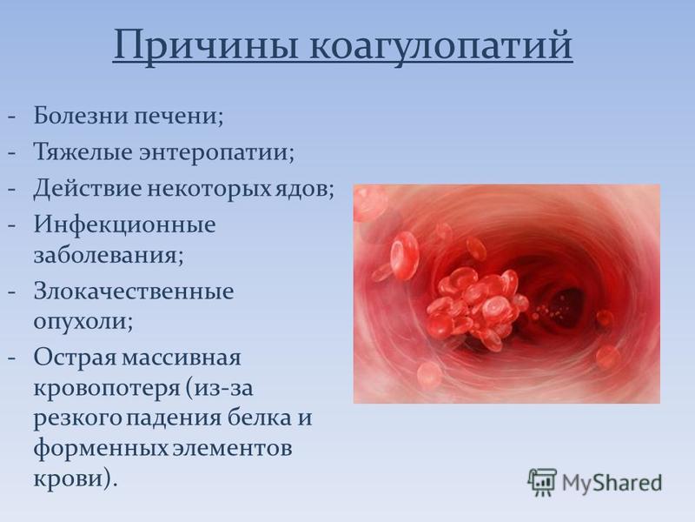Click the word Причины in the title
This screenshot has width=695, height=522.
[x=205, y=46]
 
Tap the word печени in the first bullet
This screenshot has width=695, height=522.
[x=178, y=116]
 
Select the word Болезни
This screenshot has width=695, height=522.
[x=81, y=116]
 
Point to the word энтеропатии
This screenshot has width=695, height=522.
[x=216, y=152]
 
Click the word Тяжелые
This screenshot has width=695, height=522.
[x=83, y=151]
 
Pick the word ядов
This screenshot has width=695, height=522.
[x=305, y=189]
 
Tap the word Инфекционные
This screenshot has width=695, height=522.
[x=125, y=225]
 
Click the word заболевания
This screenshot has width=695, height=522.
[x=109, y=255]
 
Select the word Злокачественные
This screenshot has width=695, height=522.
[x=134, y=291]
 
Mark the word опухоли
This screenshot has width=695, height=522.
[x=83, y=321]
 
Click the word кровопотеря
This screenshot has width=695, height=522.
[x=107, y=388]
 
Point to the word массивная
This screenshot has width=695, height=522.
[x=182, y=358]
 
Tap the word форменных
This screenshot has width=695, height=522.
[x=101, y=447]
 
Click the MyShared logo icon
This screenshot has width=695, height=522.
[x=542, y=482]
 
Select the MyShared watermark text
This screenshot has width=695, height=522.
[x=612, y=483]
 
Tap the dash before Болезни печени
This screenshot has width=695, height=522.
[x=12, y=117]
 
